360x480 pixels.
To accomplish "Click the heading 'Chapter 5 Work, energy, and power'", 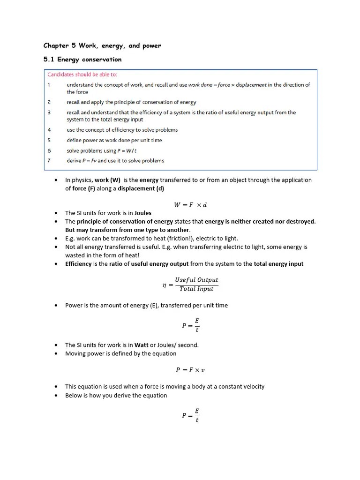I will (x=102, y=45).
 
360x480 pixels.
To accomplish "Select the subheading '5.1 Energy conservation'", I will (x=82, y=60).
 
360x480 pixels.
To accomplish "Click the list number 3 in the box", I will (x=49, y=112).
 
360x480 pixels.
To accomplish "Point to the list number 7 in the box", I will (x=49, y=160).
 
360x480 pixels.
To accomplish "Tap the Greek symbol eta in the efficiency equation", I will (x=165, y=285).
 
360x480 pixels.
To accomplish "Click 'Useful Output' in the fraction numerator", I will (x=196, y=280).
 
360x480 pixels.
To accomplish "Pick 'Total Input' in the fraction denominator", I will (x=196, y=289).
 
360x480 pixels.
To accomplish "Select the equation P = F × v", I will (x=190, y=370).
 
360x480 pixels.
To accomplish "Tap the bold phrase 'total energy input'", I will (x=278, y=264).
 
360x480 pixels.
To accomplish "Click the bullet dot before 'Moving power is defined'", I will (x=56, y=354).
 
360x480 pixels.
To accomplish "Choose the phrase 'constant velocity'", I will (x=241, y=387).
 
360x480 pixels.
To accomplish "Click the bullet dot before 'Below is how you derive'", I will (x=56, y=396).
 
